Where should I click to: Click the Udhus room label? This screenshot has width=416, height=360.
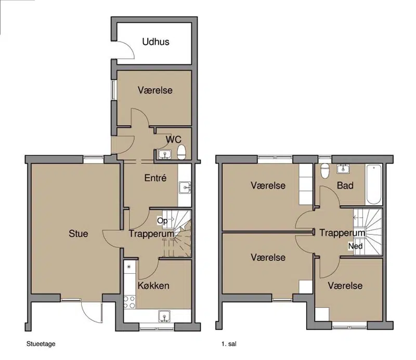[x=155, y=42]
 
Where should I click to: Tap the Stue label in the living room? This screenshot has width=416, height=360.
[x=79, y=234]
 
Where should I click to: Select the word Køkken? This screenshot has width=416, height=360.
[x=153, y=286]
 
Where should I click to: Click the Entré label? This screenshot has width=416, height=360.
[x=155, y=178]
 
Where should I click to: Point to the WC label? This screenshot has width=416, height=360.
[x=174, y=139]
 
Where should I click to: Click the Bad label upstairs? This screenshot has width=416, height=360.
[x=345, y=185]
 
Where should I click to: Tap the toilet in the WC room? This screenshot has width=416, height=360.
[x=181, y=152]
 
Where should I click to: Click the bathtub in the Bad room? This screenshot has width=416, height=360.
[x=374, y=184]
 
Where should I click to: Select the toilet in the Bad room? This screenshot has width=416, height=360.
[x=324, y=171]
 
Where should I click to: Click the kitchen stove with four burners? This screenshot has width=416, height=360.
[x=129, y=302]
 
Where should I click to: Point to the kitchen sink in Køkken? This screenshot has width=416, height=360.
[x=165, y=316]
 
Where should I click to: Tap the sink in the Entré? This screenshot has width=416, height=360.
[x=185, y=188]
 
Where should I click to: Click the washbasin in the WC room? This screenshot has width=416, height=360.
[x=165, y=155]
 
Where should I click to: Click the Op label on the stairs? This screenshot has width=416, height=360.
[x=162, y=221]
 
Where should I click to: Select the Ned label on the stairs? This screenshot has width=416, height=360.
[x=355, y=246]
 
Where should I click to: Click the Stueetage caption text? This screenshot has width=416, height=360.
[x=41, y=344]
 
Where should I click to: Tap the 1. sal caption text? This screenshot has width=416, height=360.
[x=229, y=344]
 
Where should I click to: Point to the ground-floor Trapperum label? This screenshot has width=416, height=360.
[x=151, y=234]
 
